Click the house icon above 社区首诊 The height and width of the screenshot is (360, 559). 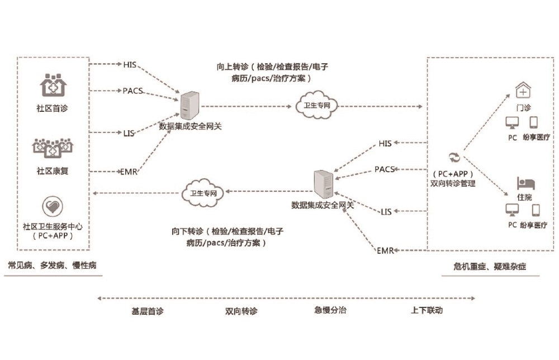pyautogui.click(x=53, y=85)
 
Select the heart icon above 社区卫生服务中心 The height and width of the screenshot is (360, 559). pyautogui.click(x=53, y=207)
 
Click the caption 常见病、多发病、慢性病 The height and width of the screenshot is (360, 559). pyautogui.click(x=52, y=265)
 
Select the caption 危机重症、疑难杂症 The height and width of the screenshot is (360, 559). pyautogui.click(x=490, y=267)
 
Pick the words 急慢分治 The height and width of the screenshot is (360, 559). pyautogui.click(x=330, y=310)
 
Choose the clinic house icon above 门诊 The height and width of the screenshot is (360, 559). pyautogui.click(x=523, y=89)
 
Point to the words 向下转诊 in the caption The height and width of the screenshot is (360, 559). pyautogui.click(x=187, y=231)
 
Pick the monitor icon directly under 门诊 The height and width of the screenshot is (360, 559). pyautogui.click(x=511, y=121)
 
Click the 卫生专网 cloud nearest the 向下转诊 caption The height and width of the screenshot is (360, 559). pyautogui.click(x=203, y=193)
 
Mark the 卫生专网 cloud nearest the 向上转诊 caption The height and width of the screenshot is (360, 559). pyautogui.click(x=317, y=106)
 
